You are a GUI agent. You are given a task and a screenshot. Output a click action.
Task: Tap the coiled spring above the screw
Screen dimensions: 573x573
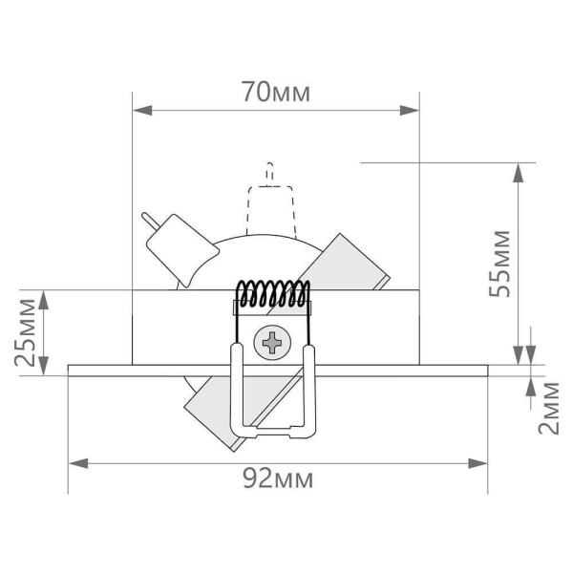pos(273,294)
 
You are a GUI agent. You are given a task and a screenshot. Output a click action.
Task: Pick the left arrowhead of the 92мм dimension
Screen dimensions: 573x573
pos(77,463)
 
